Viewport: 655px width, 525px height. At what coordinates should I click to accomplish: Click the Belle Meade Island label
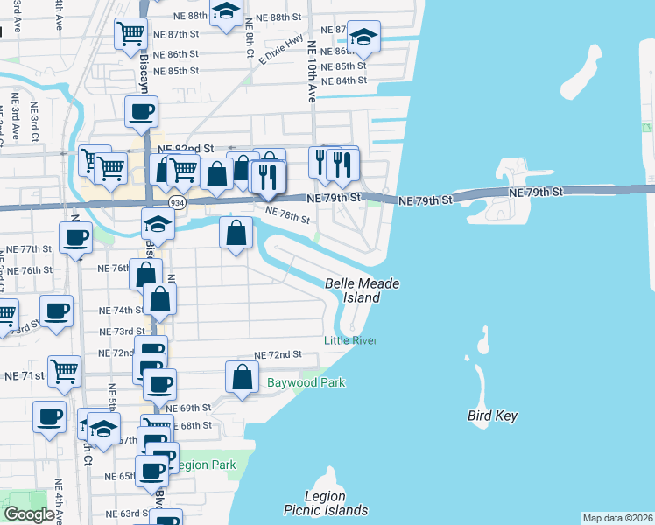[x=353, y=290]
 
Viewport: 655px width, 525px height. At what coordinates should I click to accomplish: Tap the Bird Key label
[x=493, y=416]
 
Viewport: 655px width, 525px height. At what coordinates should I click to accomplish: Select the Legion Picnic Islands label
[x=326, y=503]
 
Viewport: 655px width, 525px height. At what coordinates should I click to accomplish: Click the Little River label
[x=350, y=340]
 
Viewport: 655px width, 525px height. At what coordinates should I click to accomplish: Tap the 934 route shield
[x=178, y=202]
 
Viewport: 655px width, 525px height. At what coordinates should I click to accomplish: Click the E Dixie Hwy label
[x=280, y=49]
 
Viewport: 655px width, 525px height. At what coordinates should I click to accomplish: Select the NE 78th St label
[x=288, y=214]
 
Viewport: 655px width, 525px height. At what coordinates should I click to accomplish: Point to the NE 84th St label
[x=343, y=80]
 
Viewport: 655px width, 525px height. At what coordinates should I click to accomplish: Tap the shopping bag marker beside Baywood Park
[x=243, y=377]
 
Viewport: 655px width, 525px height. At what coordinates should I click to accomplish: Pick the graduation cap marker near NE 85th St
[x=363, y=38]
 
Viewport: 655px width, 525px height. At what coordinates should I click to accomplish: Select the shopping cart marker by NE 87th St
[x=131, y=34]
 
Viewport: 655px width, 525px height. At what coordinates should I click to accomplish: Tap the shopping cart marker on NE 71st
[x=65, y=370]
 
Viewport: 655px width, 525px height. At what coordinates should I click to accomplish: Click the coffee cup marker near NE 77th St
[x=75, y=236]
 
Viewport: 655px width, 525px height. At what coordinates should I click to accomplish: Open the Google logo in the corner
[x=28, y=514]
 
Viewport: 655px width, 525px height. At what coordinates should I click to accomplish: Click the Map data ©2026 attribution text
[x=617, y=518]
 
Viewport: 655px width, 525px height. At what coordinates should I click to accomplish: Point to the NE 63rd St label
[x=123, y=514]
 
